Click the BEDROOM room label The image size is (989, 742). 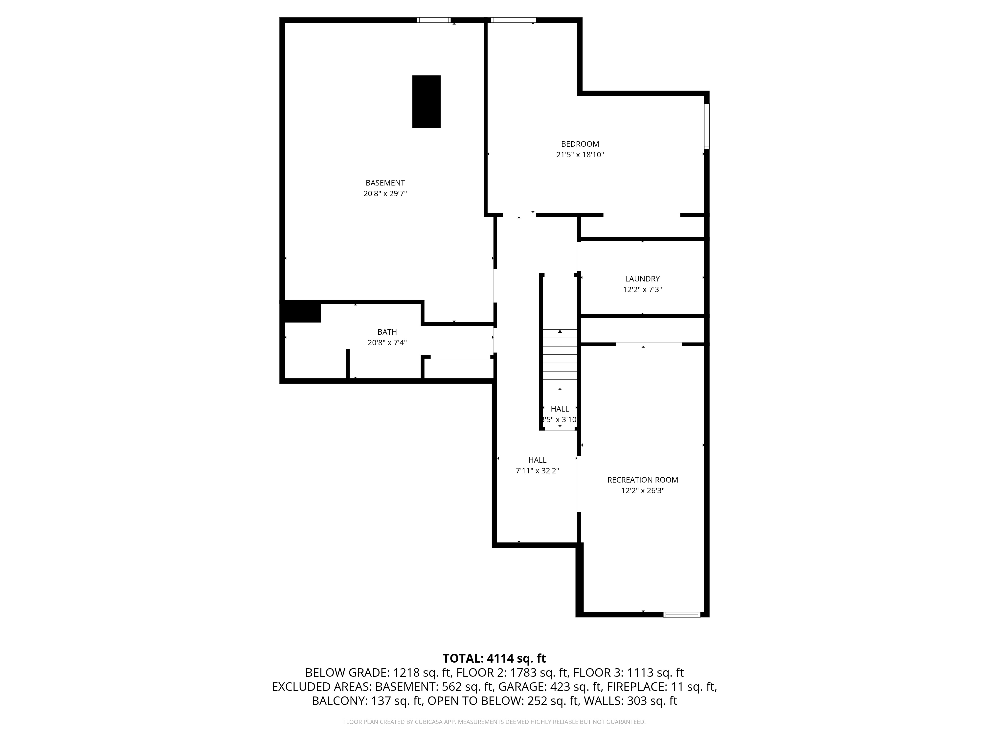(x=580, y=144)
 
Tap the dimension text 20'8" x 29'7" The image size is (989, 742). (x=385, y=194)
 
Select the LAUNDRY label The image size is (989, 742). (x=642, y=279)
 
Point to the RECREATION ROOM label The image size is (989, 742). (x=643, y=480)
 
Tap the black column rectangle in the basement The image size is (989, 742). (x=426, y=101)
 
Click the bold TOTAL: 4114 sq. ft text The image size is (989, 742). (x=494, y=658)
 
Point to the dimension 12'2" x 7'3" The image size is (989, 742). (x=642, y=289)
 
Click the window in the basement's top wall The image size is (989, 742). (x=434, y=20)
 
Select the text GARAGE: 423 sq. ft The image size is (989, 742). (x=549, y=687)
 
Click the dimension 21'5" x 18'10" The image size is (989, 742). (x=580, y=155)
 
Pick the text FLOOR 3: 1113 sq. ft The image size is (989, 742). (x=628, y=673)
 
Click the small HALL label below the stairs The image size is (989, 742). (x=560, y=409)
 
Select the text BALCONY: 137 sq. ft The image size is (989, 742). (x=367, y=701)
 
